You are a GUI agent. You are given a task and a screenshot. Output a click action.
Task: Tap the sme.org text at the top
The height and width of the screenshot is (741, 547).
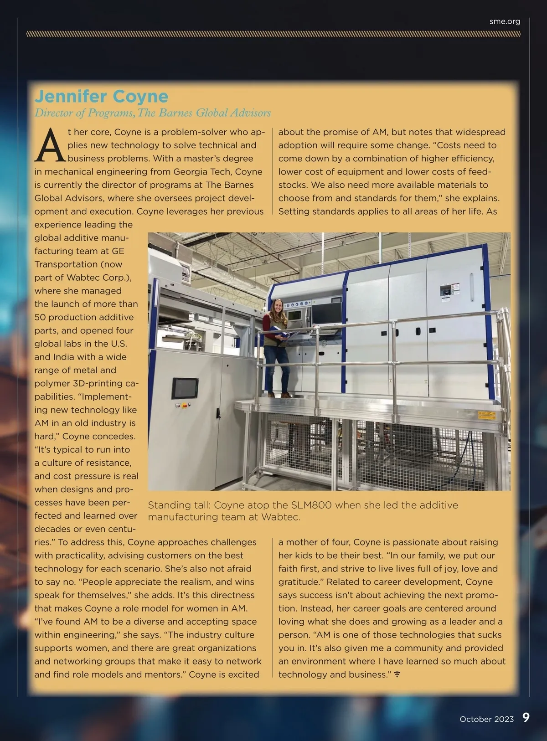point(505,21)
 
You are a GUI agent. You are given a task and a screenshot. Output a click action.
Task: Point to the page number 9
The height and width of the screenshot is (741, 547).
point(526,718)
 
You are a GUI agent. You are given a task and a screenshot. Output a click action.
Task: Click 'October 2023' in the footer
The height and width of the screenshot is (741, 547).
point(486,719)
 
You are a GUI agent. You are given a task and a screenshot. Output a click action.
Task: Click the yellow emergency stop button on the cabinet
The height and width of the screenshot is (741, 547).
point(185,404)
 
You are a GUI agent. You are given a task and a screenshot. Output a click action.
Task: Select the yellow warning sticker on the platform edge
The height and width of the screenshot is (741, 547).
point(486,415)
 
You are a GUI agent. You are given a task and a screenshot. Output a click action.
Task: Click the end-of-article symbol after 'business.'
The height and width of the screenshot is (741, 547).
point(397,674)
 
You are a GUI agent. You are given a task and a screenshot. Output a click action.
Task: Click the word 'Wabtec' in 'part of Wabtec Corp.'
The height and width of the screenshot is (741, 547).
point(82,278)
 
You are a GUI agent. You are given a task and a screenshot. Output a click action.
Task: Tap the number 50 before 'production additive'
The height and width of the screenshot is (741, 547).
point(40,317)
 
